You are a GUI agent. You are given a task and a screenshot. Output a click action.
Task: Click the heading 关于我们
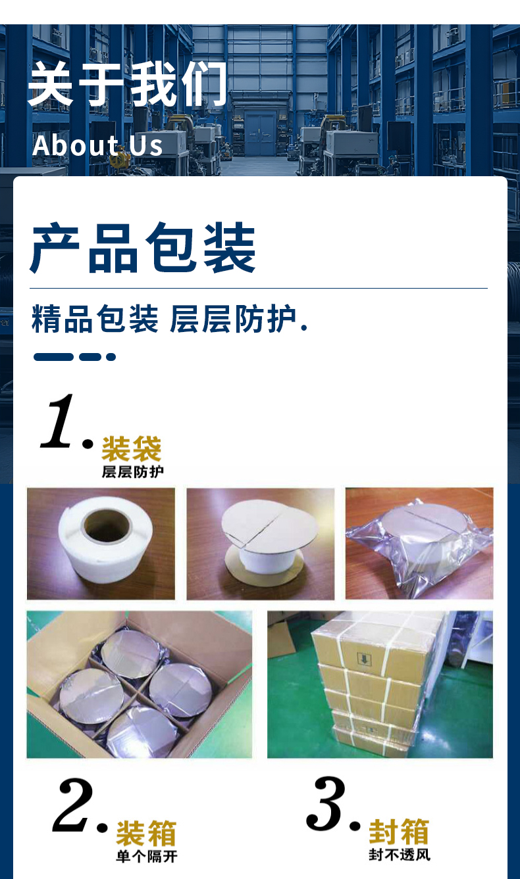(x=128, y=83)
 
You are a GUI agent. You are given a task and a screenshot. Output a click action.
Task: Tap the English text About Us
(x=97, y=145)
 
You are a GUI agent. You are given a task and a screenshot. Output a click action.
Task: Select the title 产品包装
(x=143, y=247)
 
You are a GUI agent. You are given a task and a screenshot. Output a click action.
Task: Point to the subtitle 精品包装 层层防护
(x=169, y=319)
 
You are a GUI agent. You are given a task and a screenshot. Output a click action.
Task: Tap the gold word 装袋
(x=132, y=448)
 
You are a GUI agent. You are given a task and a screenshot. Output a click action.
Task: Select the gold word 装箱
(x=146, y=833)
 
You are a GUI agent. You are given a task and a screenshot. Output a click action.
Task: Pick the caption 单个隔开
(x=147, y=856)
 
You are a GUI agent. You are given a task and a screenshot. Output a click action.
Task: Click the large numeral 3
(x=326, y=803)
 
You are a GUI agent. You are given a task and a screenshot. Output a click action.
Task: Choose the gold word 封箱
(x=399, y=832)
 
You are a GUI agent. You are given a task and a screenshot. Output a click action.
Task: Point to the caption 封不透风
(x=400, y=855)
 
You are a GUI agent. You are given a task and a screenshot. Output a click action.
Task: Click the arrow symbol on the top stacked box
(x=364, y=659)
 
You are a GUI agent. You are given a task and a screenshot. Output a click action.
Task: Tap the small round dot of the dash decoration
(x=111, y=357)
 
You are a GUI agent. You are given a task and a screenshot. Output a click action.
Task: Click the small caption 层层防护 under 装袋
(x=133, y=471)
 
